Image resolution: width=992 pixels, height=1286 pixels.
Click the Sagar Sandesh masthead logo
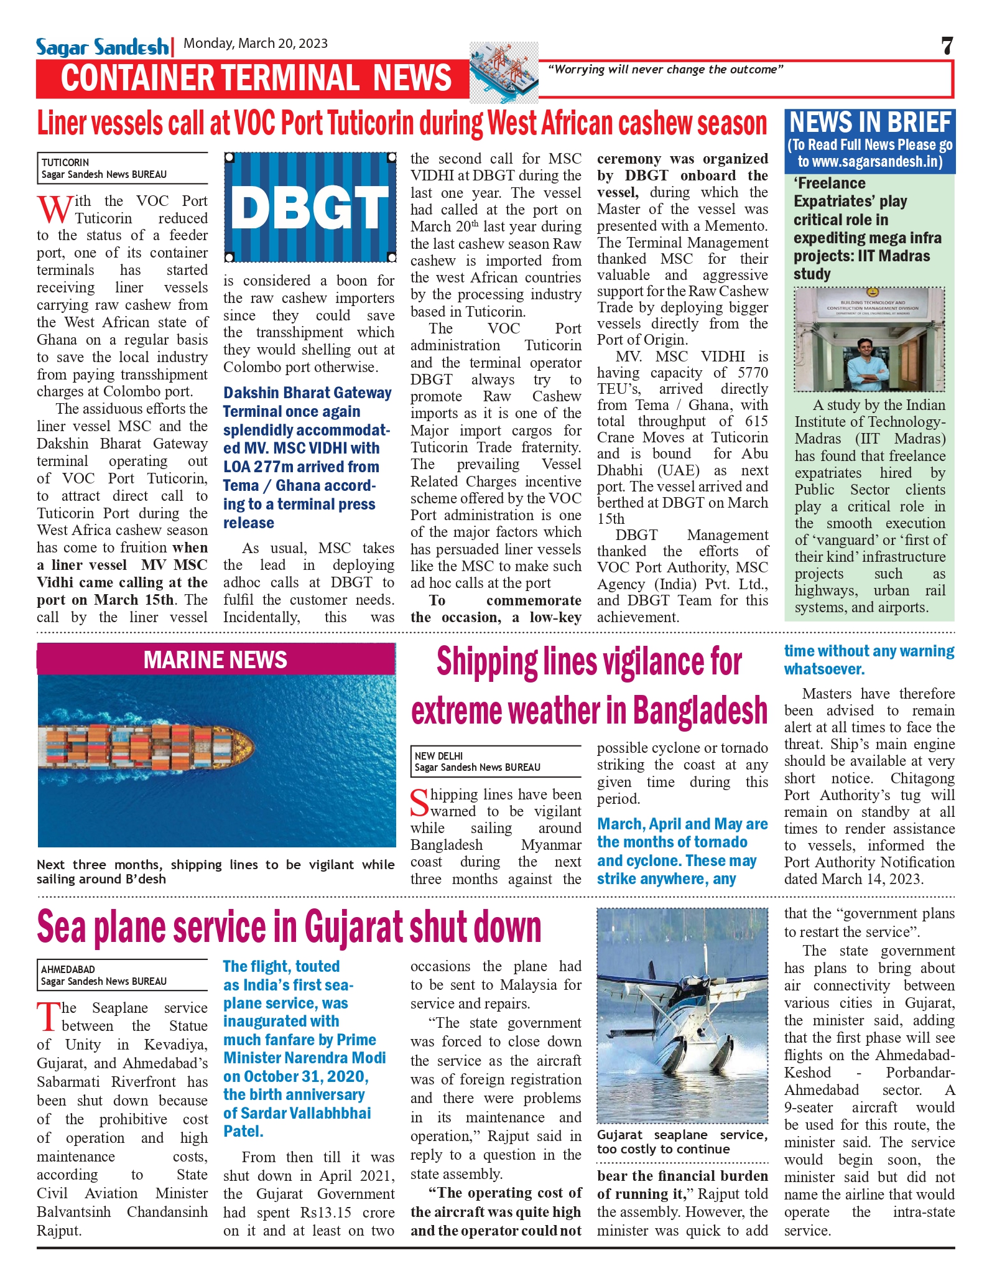[x=102, y=47]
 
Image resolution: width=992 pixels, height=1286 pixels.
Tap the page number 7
[x=947, y=46]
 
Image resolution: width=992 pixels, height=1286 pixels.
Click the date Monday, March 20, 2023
[x=256, y=43]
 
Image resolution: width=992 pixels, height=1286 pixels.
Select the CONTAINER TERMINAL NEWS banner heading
[x=256, y=78]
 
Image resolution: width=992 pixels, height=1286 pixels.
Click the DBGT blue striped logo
[x=310, y=207]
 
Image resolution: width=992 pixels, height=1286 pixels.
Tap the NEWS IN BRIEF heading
[x=870, y=123]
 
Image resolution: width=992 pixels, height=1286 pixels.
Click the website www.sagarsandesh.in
[x=879, y=162]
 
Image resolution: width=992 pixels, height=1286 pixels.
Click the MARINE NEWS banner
[x=215, y=659]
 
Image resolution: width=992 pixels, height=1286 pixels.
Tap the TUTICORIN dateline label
[x=65, y=162]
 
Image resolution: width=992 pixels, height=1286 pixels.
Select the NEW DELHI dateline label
[x=438, y=756]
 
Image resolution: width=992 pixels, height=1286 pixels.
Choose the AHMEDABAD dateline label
[x=68, y=969]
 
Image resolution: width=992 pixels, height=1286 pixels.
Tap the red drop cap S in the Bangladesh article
[x=420, y=803]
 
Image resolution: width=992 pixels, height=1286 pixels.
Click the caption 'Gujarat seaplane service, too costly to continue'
[x=682, y=1142]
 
